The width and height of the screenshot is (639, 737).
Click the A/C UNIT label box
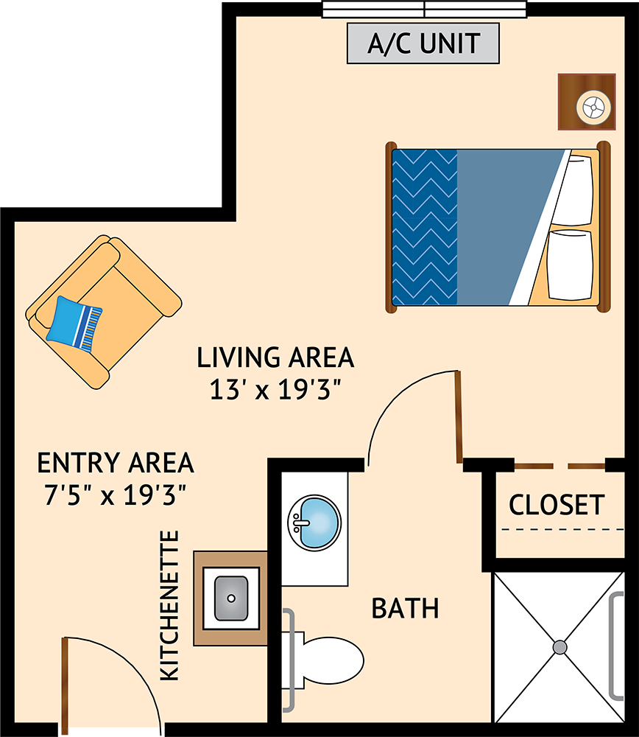tap(423, 43)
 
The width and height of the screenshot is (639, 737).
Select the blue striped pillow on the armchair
tap(74, 323)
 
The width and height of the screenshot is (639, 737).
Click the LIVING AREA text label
tap(275, 357)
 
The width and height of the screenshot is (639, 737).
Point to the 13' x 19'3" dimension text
tap(275, 390)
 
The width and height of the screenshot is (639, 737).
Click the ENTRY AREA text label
tap(116, 463)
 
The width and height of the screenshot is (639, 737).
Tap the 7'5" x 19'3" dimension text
tap(116, 495)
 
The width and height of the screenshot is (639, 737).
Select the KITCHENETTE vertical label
tap(170, 605)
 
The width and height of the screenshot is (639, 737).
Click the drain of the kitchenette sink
tap(230, 598)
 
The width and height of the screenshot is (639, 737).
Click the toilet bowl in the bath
tap(333, 660)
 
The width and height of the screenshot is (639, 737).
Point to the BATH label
tap(405, 608)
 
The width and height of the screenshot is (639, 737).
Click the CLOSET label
tap(557, 505)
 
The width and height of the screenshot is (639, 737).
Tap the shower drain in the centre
tap(559, 647)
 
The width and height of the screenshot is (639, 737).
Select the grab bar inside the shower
tap(615, 647)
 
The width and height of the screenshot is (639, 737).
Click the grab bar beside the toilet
tap(289, 660)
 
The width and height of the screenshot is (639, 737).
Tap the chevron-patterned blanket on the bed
tap(425, 228)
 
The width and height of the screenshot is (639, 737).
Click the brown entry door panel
tap(65, 687)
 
